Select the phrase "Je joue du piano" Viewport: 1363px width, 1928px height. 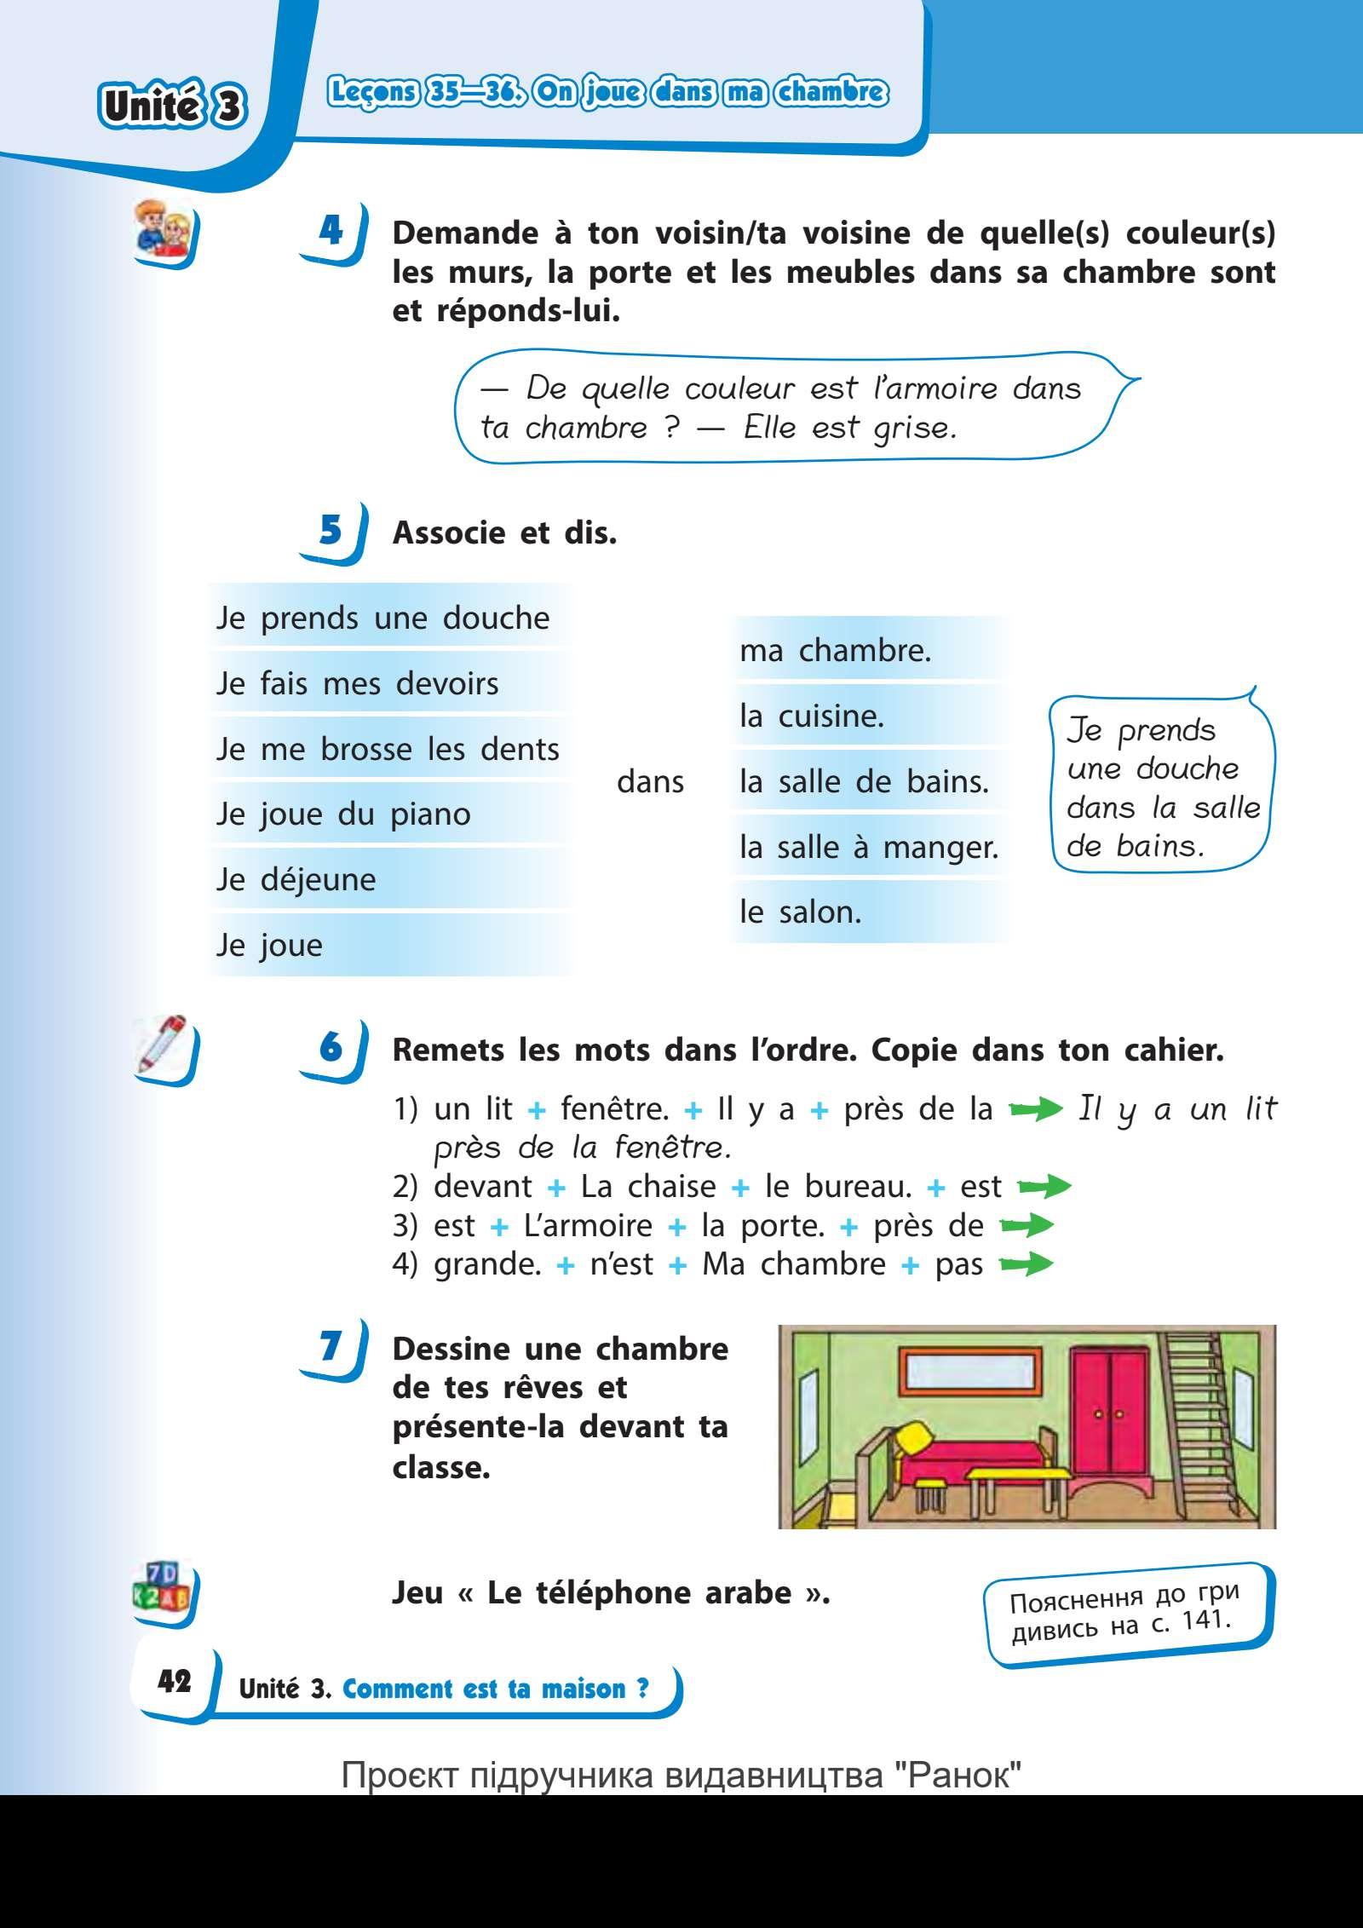coord(342,814)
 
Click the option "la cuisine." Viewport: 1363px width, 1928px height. coord(812,717)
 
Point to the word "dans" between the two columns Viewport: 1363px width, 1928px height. coord(650,781)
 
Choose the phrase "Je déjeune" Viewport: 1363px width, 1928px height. coord(296,879)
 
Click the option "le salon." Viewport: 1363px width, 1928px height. coord(800,912)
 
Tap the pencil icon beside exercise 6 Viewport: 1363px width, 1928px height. coord(163,1045)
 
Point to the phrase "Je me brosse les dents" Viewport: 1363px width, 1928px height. coord(388,749)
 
